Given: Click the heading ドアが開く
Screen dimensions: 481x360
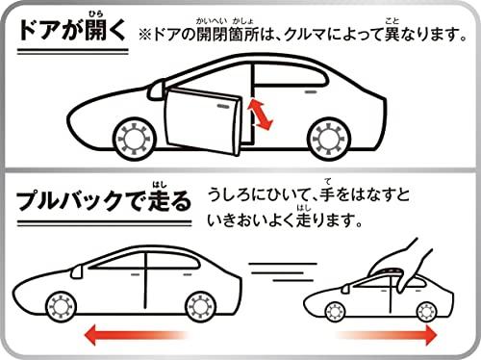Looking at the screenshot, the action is (x=72, y=30).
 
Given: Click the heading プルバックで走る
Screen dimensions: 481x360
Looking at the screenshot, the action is (x=104, y=199).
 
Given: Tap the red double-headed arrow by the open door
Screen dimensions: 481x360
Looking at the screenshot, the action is (x=261, y=115).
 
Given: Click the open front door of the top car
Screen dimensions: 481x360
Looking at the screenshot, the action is (x=202, y=122).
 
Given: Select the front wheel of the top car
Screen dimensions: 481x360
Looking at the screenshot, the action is (x=135, y=139).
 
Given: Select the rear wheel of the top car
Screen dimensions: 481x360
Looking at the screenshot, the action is (x=329, y=139).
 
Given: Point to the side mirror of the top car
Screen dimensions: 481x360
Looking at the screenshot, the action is (x=157, y=90).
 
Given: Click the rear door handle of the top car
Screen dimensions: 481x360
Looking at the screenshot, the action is (x=311, y=92).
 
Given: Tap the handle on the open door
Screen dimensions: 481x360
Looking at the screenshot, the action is (x=224, y=106).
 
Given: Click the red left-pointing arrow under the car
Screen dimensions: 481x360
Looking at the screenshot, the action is (x=136, y=335).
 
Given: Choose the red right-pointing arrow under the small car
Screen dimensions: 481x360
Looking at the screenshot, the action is (x=387, y=335).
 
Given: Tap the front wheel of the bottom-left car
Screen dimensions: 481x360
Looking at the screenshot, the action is (x=61, y=307).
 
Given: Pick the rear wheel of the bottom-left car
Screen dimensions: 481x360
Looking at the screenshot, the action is (x=201, y=307).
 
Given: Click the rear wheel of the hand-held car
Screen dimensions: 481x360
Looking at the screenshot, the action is (x=426, y=312).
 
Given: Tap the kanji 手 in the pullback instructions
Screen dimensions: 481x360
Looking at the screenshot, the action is (x=327, y=194).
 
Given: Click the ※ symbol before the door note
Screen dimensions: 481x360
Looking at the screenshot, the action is (x=145, y=35).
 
